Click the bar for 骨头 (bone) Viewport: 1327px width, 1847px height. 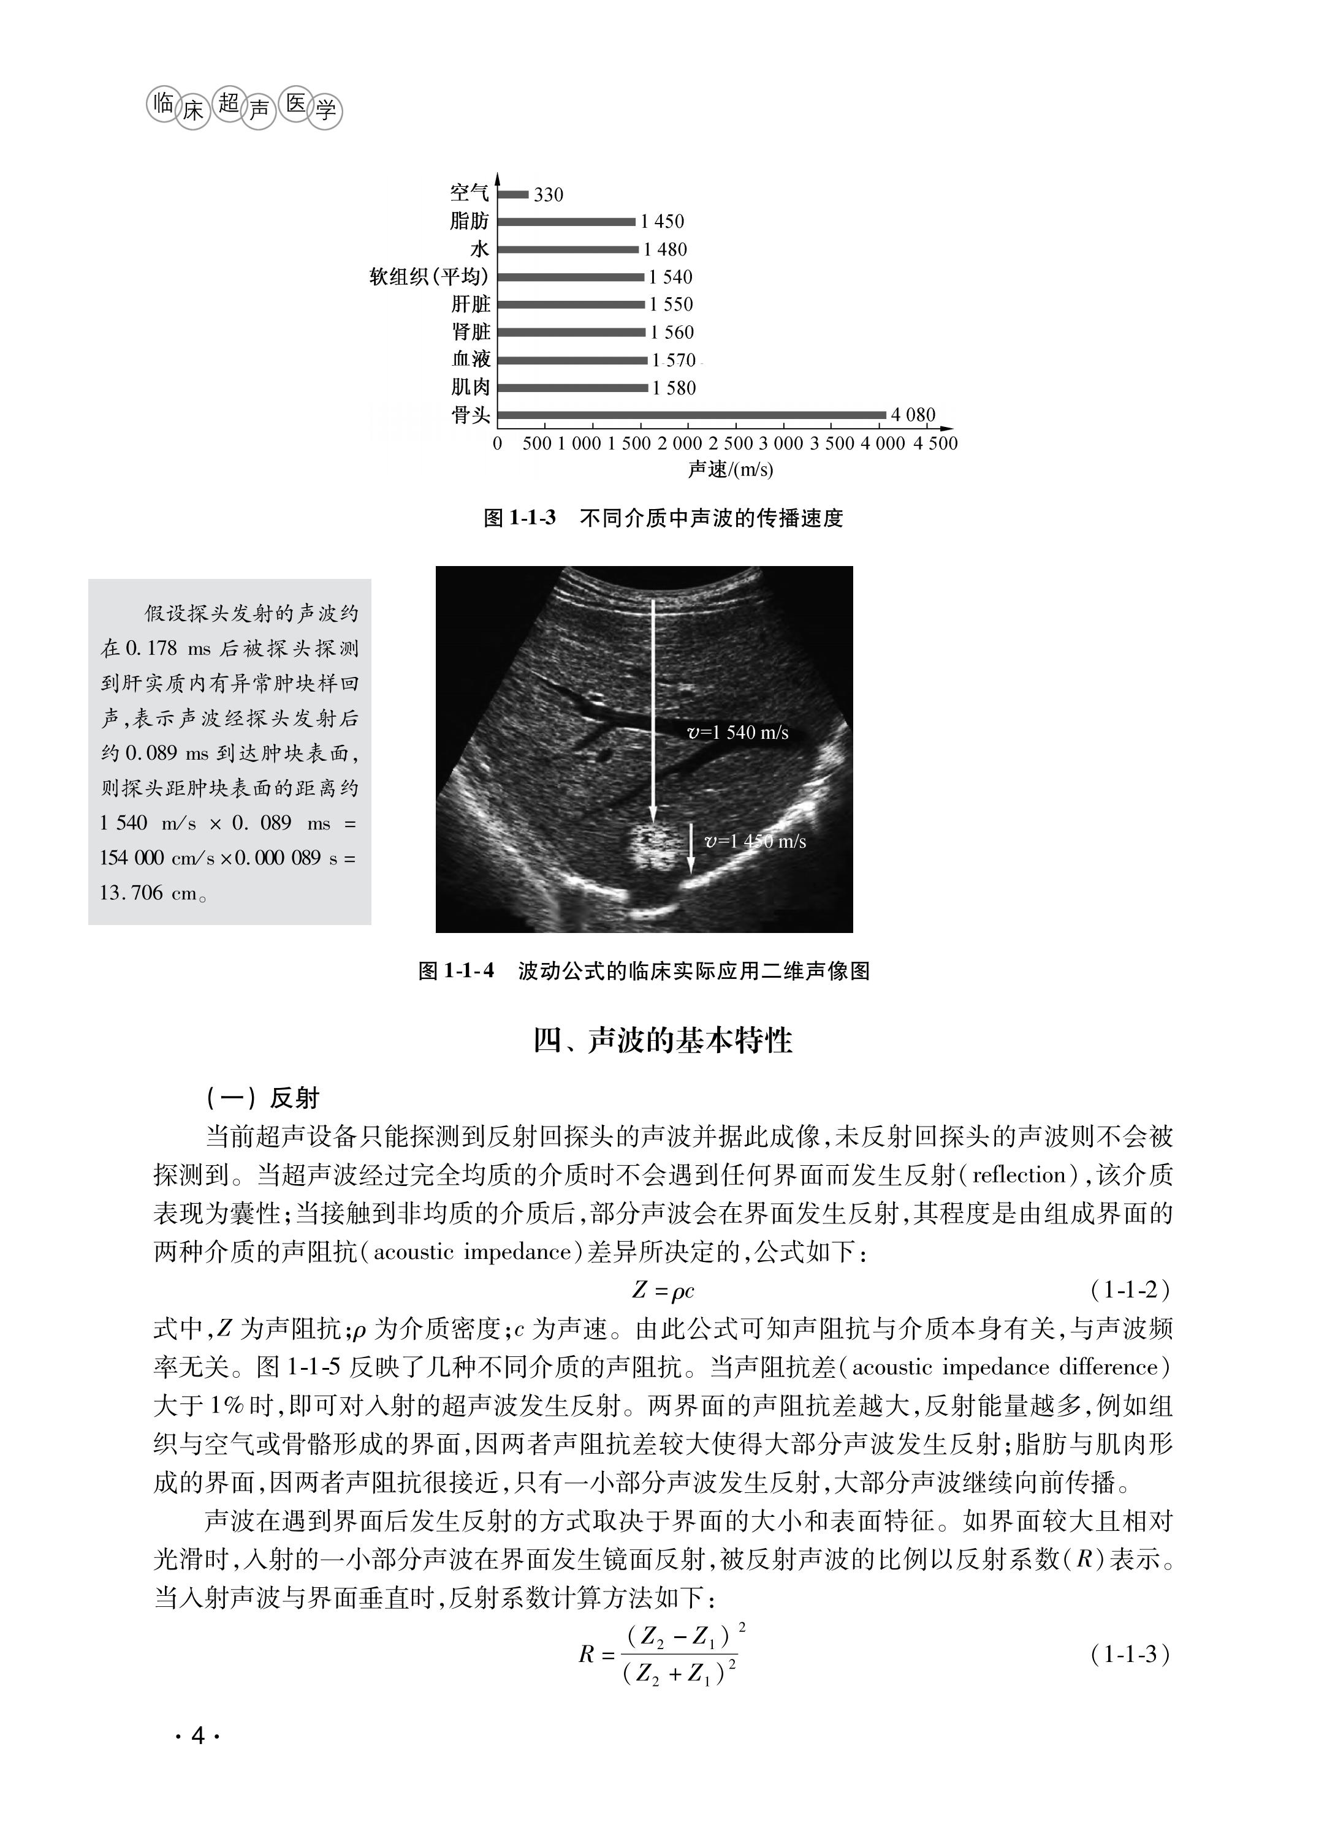tap(691, 415)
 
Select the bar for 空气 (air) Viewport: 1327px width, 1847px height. tap(513, 194)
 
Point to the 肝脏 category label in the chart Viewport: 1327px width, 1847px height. tap(471, 304)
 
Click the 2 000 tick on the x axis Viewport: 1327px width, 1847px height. tap(679, 444)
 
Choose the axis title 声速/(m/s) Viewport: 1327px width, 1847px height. tap(730, 470)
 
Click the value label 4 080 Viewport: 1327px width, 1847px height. tap(913, 415)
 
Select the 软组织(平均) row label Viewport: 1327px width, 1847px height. tap(428, 277)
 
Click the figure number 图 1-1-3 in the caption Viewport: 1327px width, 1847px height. tap(520, 518)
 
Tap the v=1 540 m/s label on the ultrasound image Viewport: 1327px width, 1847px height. tap(738, 733)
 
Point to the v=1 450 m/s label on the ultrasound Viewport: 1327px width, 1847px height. tap(755, 841)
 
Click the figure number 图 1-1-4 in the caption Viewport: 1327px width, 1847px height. tap(455, 971)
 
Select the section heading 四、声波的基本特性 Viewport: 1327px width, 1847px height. tap(663, 1041)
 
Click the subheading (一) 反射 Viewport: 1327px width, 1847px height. tap(262, 1098)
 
